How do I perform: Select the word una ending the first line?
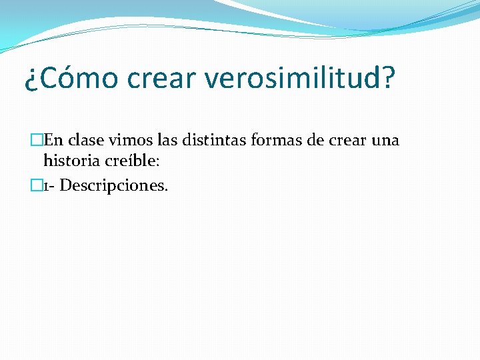pos(385,141)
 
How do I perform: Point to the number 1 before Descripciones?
pos(47,185)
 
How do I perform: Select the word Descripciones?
pos(114,185)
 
